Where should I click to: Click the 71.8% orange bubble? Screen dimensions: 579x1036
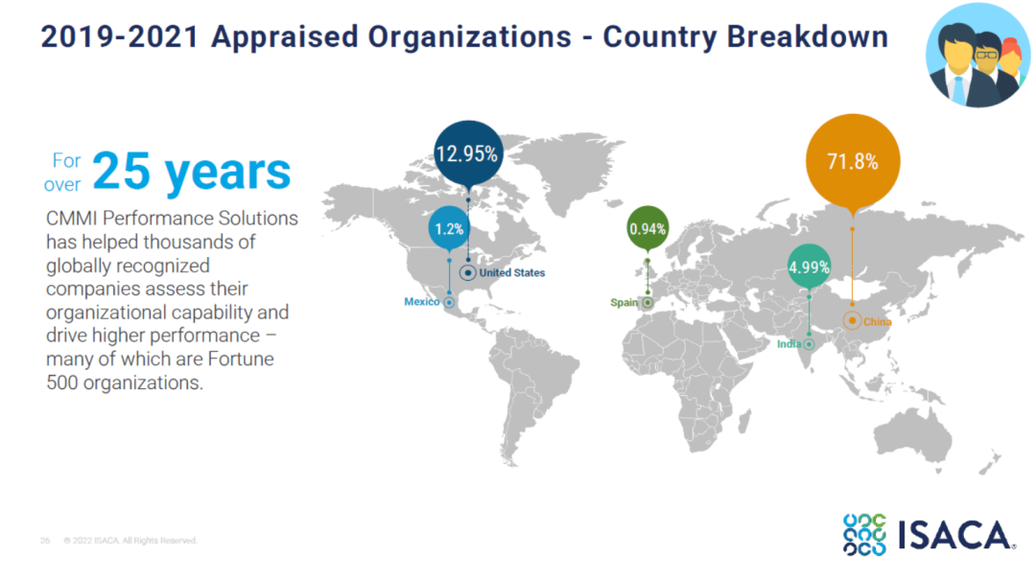point(853,161)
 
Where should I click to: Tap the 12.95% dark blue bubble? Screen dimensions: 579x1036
point(467,153)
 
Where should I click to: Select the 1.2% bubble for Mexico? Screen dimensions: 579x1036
point(449,229)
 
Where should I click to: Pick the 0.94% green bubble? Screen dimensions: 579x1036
point(647,229)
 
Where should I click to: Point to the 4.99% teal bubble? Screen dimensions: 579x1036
point(809,266)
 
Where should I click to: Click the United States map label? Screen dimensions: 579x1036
point(512,273)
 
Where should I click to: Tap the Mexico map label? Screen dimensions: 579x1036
point(421,302)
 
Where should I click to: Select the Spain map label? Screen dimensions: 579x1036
point(624,303)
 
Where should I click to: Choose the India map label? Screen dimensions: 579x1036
point(789,343)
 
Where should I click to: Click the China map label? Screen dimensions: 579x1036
point(877,322)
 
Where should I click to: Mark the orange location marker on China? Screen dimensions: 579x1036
point(852,321)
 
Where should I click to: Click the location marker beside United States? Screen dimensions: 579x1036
point(468,273)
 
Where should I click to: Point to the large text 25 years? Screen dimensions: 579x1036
point(192,172)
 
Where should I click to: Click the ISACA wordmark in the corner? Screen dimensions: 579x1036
point(954,536)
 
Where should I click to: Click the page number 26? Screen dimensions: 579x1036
point(45,541)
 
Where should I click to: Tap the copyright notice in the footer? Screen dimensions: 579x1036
point(130,541)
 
